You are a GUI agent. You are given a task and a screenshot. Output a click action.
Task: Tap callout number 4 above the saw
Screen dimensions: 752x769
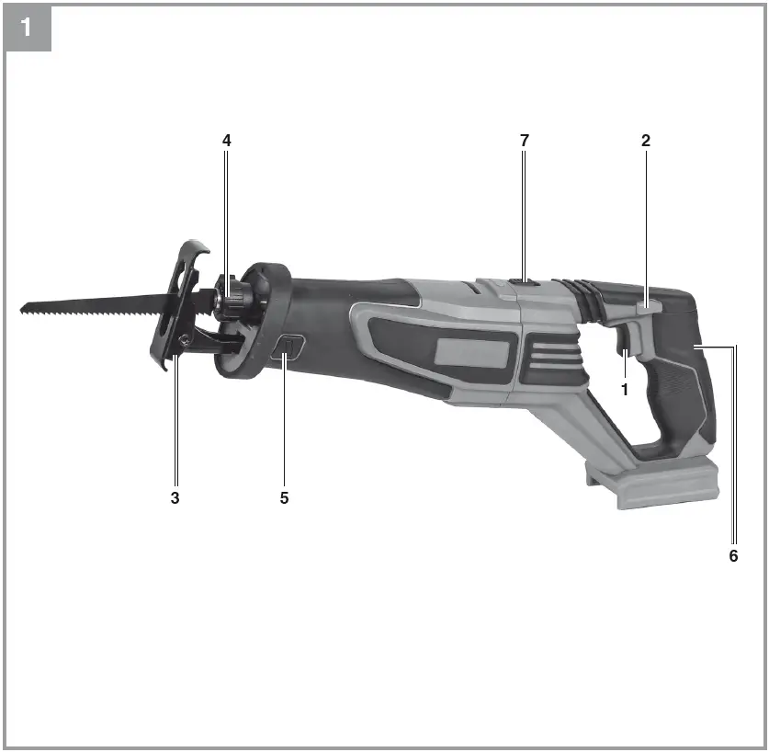[226, 141]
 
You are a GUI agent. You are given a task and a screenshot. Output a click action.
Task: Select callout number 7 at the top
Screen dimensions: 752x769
[525, 141]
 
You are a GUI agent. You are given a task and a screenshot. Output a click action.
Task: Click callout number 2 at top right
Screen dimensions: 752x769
[646, 141]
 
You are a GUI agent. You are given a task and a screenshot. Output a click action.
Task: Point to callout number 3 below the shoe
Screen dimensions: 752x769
[175, 497]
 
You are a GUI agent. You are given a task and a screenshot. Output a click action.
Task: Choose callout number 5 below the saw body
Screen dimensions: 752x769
[284, 497]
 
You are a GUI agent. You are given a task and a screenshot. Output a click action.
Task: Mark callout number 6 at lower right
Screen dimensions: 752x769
[733, 556]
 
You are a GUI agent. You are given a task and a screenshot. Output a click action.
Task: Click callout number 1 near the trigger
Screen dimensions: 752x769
[625, 389]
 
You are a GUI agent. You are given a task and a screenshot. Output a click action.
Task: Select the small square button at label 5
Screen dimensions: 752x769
[288, 349]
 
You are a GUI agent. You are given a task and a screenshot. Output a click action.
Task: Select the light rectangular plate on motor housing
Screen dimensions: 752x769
[474, 352]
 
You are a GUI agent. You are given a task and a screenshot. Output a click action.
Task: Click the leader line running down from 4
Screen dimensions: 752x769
[227, 211]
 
